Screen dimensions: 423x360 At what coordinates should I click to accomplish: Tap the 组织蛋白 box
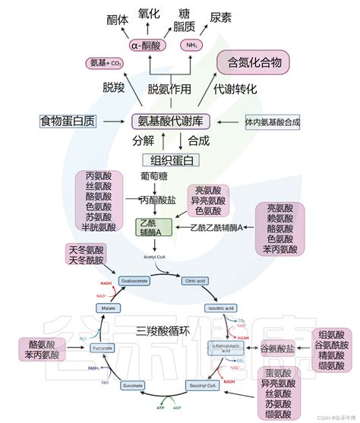(171, 160)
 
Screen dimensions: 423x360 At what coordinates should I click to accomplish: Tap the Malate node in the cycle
(107, 308)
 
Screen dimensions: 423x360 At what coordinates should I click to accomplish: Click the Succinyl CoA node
(204, 386)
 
